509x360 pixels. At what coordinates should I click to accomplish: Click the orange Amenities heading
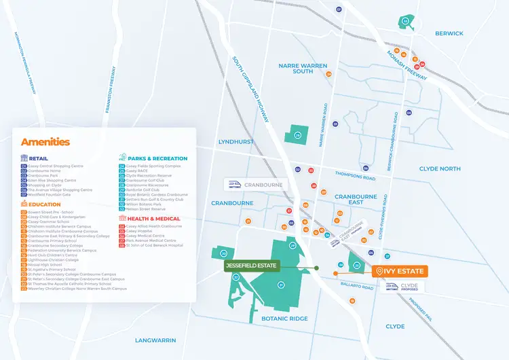(x=45, y=142)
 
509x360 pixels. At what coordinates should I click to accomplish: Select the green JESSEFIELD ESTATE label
(x=251, y=266)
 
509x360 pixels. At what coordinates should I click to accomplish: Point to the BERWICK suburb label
(x=449, y=33)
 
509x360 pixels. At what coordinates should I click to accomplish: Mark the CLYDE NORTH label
(x=439, y=168)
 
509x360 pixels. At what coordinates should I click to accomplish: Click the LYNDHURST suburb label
(x=235, y=142)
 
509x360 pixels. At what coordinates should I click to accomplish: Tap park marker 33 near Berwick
(x=405, y=22)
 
